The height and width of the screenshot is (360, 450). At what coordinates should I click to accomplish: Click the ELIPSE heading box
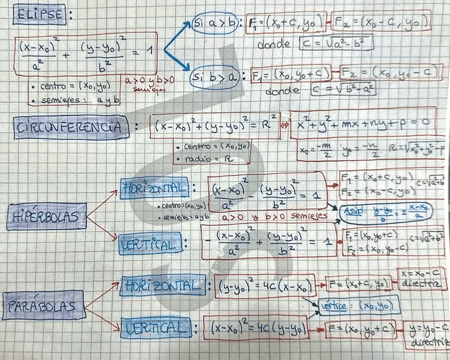pyautogui.click(x=40, y=15)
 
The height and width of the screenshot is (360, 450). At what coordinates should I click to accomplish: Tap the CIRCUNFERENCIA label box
pyautogui.click(x=72, y=127)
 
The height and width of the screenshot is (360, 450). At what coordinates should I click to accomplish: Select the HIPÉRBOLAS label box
pyautogui.click(x=47, y=216)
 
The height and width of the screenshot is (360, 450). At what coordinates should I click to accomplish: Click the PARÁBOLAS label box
pyautogui.click(x=44, y=305)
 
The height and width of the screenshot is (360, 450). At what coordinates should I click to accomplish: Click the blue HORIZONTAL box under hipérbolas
pyautogui.click(x=154, y=188)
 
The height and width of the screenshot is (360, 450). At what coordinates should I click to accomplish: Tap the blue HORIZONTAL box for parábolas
pyautogui.click(x=162, y=286)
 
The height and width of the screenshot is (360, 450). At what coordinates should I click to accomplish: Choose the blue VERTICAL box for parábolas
pyautogui.click(x=156, y=328)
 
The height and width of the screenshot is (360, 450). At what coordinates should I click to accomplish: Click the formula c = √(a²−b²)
pyautogui.click(x=336, y=43)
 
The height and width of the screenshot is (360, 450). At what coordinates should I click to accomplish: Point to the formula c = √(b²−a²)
pyautogui.click(x=344, y=89)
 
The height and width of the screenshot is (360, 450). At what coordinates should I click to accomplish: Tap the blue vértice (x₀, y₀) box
pyautogui.click(x=359, y=305)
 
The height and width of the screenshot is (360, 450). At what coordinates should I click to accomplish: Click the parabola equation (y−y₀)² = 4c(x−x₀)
pyautogui.click(x=265, y=286)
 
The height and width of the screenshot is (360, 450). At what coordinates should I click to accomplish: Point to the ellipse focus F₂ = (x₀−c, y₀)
pyautogui.click(x=380, y=23)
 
